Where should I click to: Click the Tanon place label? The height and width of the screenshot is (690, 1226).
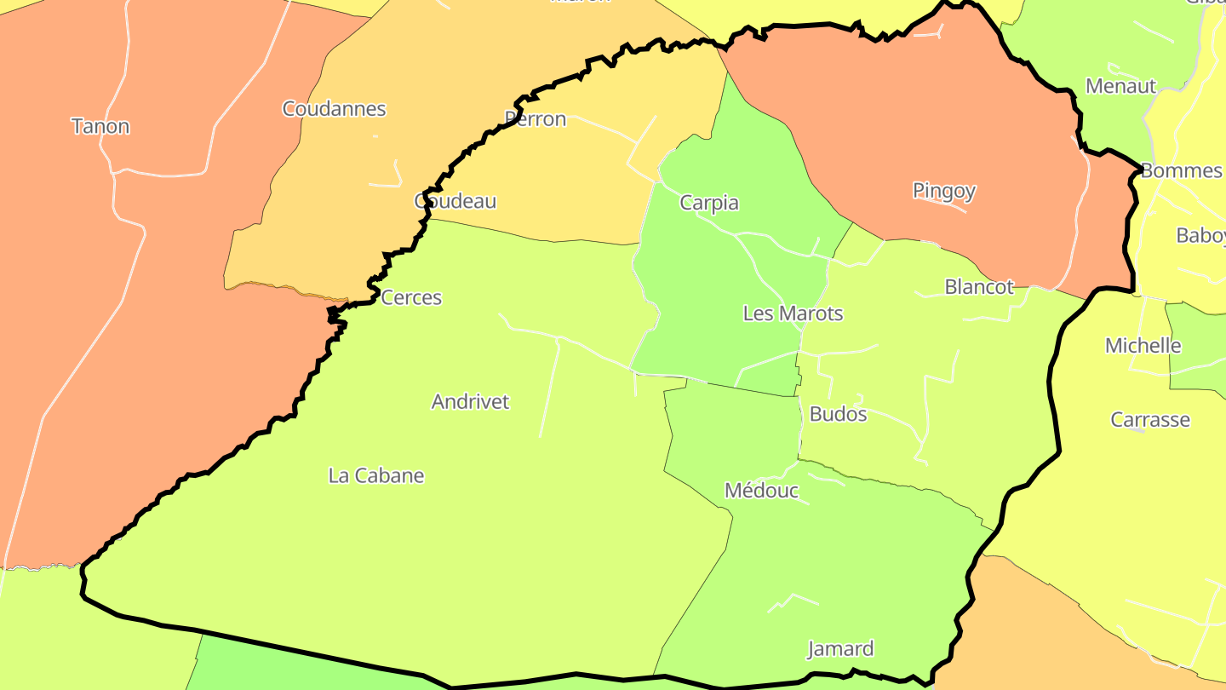pyautogui.click(x=100, y=127)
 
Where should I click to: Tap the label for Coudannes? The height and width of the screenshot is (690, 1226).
pyautogui.click(x=334, y=109)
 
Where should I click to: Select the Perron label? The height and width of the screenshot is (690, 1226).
pyautogui.click(x=536, y=119)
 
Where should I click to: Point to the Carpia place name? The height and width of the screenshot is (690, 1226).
pyautogui.click(x=709, y=203)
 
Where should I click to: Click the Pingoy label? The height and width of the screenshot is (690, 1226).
pyautogui.click(x=943, y=191)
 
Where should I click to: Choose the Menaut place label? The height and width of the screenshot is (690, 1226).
pyautogui.click(x=1120, y=86)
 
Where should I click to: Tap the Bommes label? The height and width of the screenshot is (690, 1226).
pyautogui.click(x=1181, y=170)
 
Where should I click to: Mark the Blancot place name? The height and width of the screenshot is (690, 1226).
pyautogui.click(x=979, y=287)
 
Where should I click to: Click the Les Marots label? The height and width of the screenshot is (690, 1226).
pyautogui.click(x=793, y=313)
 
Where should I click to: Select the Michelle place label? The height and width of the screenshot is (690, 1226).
pyautogui.click(x=1143, y=346)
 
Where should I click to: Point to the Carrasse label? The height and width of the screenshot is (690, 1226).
pyautogui.click(x=1149, y=420)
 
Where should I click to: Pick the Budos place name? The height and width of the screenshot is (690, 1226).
pyautogui.click(x=838, y=415)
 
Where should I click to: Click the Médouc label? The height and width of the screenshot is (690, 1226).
pyautogui.click(x=761, y=491)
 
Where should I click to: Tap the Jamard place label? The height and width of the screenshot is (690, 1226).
pyautogui.click(x=840, y=649)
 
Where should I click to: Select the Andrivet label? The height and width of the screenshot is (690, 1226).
pyautogui.click(x=470, y=402)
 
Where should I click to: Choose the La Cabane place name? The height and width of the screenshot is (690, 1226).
pyautogui.click(x=376, y=476)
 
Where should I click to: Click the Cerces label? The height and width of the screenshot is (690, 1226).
pyautogui.click(x=411, y=298)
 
